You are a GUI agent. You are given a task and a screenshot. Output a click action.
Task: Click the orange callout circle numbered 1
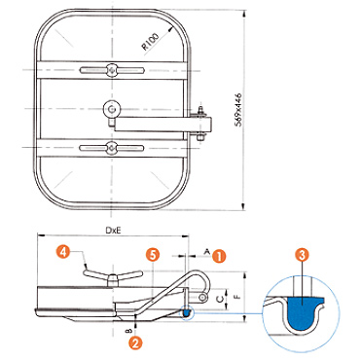(219, 256)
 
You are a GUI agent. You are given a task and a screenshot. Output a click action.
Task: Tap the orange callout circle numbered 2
(135, 342)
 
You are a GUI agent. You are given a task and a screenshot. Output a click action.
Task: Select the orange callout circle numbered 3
(302, 255)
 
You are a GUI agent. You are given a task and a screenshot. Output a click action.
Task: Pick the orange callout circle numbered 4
(63, 252)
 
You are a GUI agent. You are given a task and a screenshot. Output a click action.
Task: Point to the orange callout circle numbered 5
(153, 255)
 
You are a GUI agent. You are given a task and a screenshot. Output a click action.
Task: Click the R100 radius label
(151, 42)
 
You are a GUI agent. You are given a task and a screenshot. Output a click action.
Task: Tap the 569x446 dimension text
(238, 110)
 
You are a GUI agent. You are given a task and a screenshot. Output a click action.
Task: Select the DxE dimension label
(113, 230)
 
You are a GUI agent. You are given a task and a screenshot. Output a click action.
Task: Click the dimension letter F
(238, 297)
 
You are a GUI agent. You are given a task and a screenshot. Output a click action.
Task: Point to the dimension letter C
(220, 299)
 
